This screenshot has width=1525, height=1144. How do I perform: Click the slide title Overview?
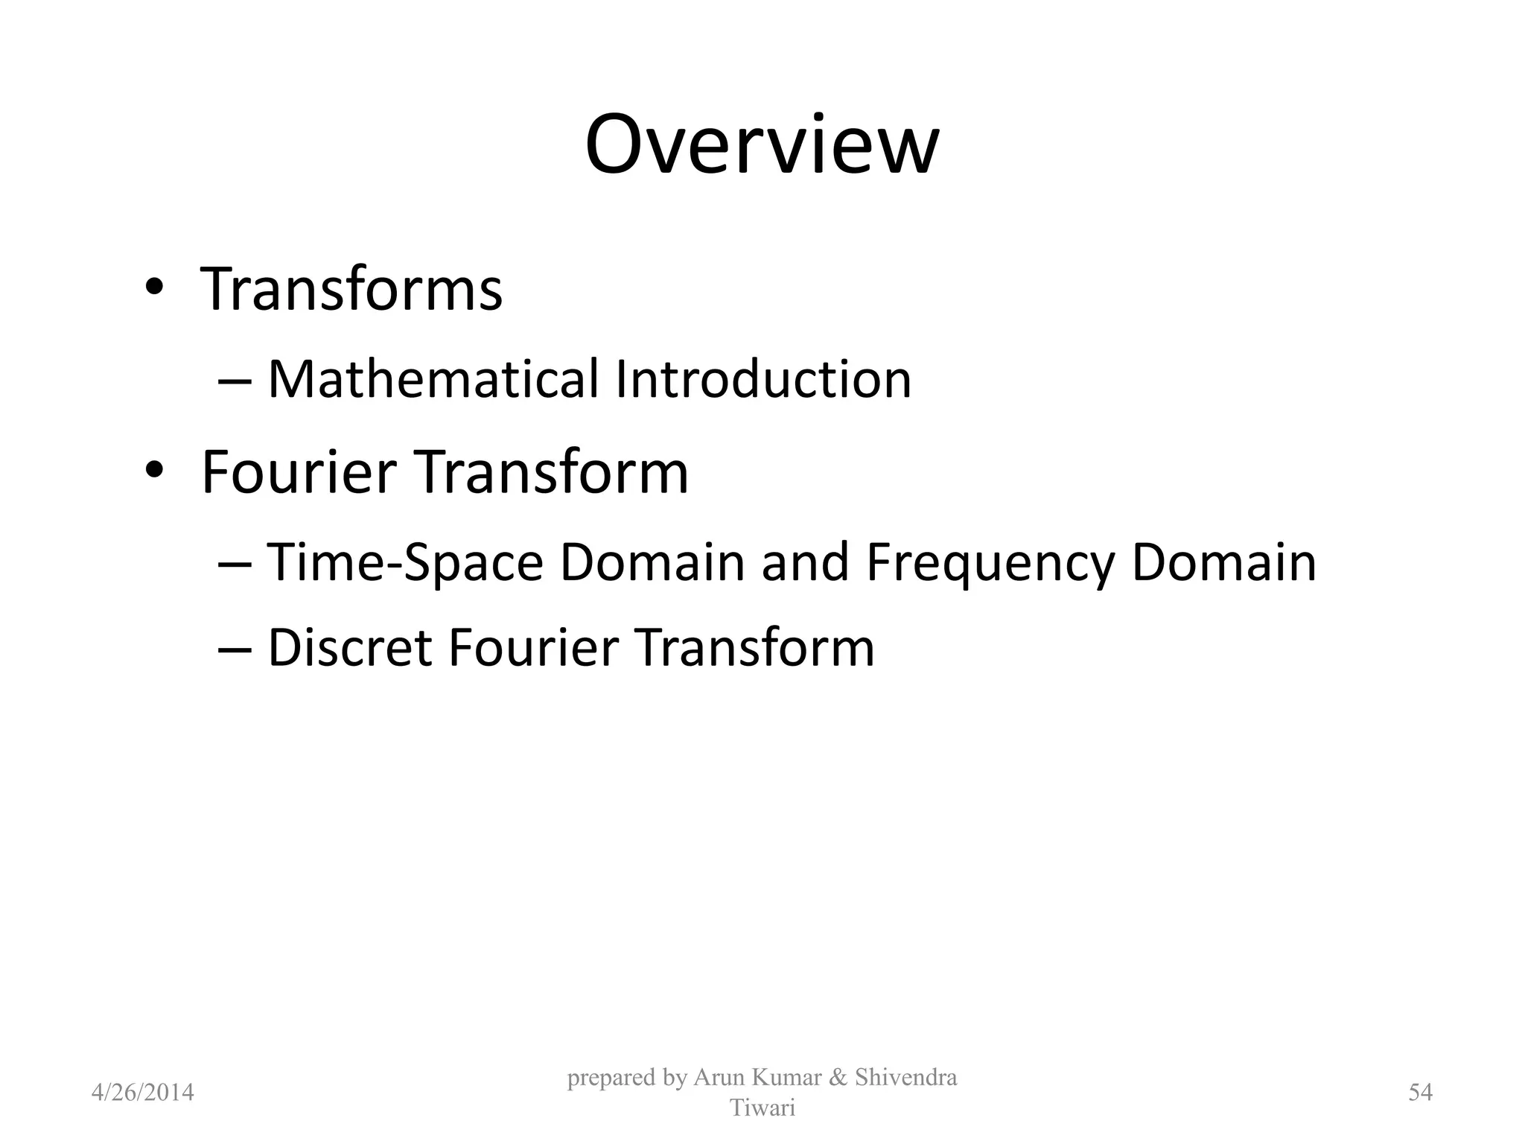(x=762, y=145)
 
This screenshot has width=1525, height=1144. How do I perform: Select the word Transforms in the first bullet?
(x=351, y=289)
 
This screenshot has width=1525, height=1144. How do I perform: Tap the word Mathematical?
(x=433, y=379)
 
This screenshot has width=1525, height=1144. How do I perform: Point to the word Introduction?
(x=763, y=379)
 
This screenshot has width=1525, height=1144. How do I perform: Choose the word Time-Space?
(x=405, y=562)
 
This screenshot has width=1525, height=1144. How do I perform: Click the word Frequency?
(x=990, y=562)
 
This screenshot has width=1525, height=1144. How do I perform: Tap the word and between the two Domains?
(x=805, y=562)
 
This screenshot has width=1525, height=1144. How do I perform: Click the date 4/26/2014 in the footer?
(x=143, y=1093)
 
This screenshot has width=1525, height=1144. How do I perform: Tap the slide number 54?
(x=1421, y=1093)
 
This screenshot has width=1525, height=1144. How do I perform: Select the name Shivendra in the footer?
(x=906, y=1078)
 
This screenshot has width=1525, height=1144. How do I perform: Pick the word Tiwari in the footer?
(x=762, y=1108)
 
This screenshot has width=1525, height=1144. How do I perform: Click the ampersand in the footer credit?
(x=838, y=1078)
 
